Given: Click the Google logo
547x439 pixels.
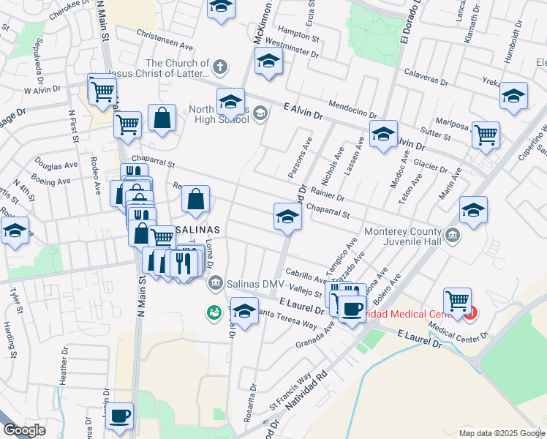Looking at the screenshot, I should (24, 430).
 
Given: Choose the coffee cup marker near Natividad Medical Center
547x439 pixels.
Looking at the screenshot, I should (352, 308).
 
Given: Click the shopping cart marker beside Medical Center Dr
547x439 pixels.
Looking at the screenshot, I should (457, 299).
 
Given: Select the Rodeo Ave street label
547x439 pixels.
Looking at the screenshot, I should (96, 176).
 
